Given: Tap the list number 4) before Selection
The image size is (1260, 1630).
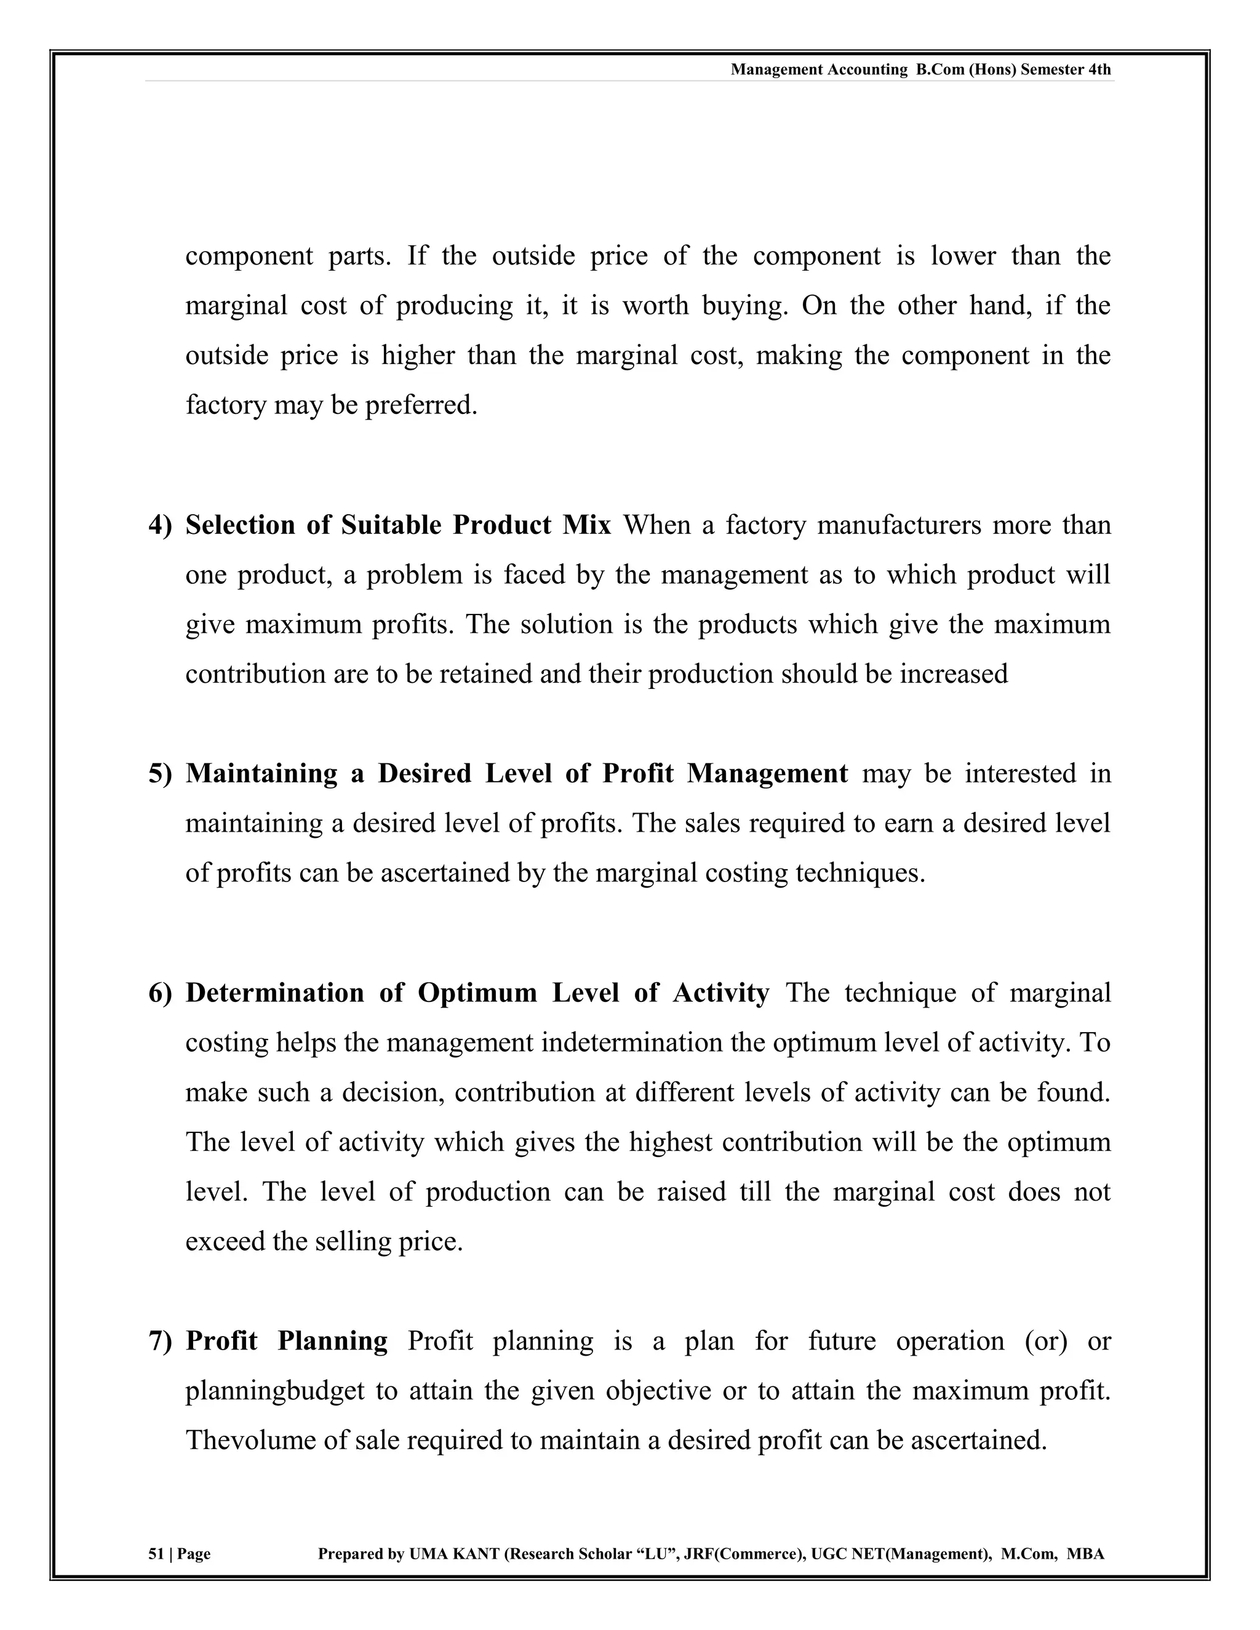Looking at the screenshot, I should tap(160, 525).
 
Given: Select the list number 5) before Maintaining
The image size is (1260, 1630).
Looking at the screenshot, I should tap(160, 774).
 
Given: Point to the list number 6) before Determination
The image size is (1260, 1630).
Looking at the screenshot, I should tap(160, 993).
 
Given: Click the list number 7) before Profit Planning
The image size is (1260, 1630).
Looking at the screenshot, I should tap(160, 1341).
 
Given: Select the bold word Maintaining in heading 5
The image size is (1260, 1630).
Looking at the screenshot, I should tap(261, 774).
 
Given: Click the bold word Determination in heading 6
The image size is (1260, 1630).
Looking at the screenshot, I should tap(274, 993).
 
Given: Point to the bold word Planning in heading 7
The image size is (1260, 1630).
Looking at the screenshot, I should tap(332, 1341).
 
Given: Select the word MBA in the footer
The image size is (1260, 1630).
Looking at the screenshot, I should tap(1085, 1554).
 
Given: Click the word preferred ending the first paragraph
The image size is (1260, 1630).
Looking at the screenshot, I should tap(420, 405).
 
